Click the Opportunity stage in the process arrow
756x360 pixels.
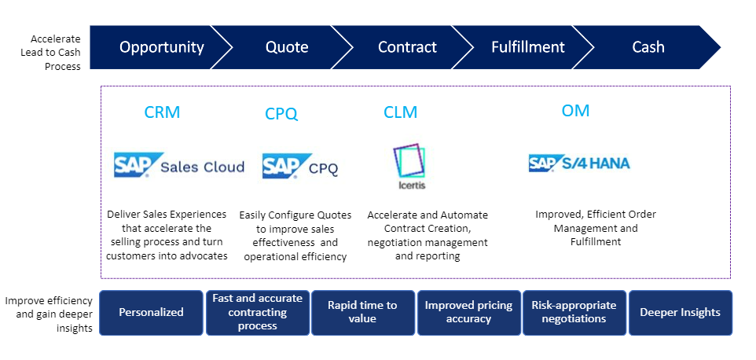pos(161,47)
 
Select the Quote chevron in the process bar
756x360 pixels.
pos(286,47)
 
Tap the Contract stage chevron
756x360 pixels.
pos(407,47)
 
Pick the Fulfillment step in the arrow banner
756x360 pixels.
pos(527,47)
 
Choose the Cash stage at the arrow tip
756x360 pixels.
pos(648,47)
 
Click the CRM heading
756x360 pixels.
pos(162,112)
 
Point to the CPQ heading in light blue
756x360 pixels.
pos(281,115)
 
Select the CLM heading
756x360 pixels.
pos(400,113)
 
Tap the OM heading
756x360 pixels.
pos(575,111)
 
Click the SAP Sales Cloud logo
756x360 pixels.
pos(179,166)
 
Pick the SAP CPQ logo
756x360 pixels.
pos(300,167)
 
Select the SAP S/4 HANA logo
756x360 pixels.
pos(579,163)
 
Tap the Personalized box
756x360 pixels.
pos(151,312)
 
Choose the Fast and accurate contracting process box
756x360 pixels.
pos(257,312)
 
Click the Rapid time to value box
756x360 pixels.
pos(362,312)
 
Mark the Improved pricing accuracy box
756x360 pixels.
pos(468,312)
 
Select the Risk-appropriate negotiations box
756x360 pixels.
pos(574,312)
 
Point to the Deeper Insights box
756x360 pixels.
pos(680,312)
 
